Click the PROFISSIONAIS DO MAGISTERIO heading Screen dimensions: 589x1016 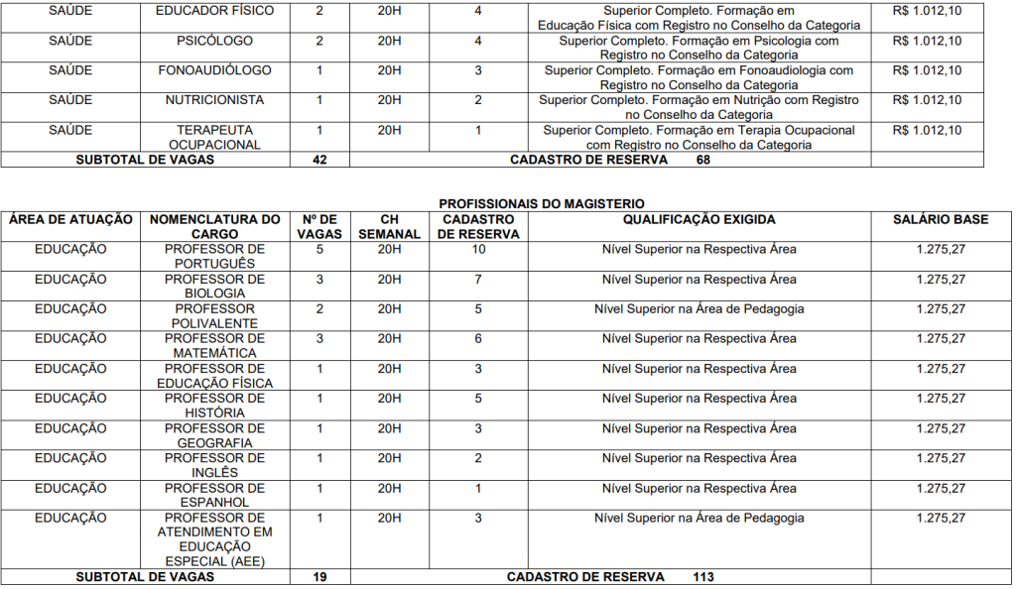pos(541,204)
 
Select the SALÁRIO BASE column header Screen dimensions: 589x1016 pos(941,219)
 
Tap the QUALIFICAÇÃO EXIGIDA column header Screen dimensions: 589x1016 pos(698,219)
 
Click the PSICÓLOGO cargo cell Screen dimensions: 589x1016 pos(215,41)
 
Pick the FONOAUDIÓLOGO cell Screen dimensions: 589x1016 pos(215,70)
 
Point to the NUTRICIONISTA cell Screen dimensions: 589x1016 pos(215,100)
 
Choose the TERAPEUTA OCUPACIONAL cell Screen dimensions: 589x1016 pos(215,137)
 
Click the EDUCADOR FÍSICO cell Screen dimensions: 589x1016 pos(215,11)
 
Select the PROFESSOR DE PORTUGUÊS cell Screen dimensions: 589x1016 pos(215,256)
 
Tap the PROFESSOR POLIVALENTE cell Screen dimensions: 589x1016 pos(215,315)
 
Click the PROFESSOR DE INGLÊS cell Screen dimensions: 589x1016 pos(215,465)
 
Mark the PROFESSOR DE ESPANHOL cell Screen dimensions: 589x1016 pos(215,495)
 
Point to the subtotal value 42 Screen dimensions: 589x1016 pos(319,160)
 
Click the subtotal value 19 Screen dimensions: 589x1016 pos(319,577)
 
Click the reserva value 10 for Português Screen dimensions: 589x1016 pos(478,249)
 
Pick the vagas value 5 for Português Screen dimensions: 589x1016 pos(319,249)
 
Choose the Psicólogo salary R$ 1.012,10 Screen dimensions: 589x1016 pos(927,41)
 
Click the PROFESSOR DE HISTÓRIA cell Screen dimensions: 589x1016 pos(215,406)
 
